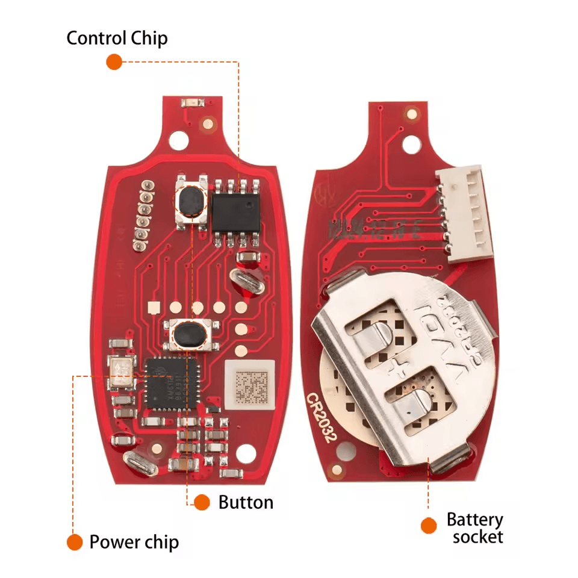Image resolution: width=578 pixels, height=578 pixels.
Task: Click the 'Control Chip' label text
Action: (117, 39)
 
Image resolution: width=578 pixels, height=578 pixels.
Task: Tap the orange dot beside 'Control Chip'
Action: (114, 61)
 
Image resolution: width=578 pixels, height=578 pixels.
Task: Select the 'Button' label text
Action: (246, 502)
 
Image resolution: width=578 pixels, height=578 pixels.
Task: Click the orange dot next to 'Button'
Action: (202, 502)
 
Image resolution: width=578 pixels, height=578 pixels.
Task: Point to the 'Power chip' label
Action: (134, 542)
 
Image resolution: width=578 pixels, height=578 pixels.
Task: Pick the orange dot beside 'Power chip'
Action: (74, 542)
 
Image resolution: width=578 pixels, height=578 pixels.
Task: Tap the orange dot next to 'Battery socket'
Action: (428, 525)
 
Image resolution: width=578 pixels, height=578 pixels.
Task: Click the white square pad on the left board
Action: (155, 307)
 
